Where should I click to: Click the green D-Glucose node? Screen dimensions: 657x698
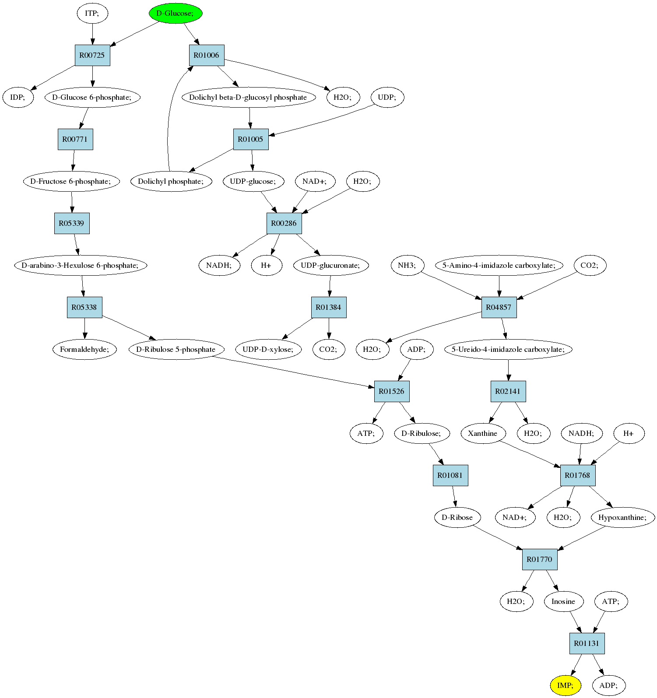point(175,13)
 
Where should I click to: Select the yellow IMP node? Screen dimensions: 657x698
point(566,685)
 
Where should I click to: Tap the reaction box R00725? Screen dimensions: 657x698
point(92,55)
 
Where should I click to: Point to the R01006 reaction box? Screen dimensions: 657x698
point(207,55)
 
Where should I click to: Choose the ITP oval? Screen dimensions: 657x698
point(92,13)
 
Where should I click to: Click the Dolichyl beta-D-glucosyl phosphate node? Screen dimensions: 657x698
point(249,97)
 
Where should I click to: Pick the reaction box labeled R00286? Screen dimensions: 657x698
point(284,223)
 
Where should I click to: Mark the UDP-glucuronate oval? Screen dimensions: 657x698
point(331,265)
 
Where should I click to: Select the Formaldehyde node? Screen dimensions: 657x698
point(85,349)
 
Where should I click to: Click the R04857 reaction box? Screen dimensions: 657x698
point(499,307)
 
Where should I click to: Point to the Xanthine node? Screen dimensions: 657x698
point(483,433)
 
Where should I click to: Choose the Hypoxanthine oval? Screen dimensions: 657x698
point(623,517)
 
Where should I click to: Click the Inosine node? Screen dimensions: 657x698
point(564,601)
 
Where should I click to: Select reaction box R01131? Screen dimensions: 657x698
point(587,643)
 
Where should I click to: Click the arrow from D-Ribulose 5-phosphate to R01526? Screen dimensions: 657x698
point(293,372)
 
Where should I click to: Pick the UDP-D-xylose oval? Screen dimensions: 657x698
point(268,349)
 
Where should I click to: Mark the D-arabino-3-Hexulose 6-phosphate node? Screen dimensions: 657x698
point(81,265)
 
